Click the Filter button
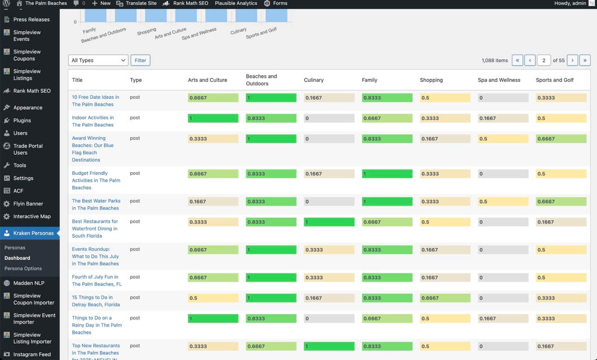pos(140,60)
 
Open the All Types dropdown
pos(98,60)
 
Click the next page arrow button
pos(572,60)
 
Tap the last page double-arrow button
pos(585,60)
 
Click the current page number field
pos(544,60)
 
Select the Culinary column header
pos(314,80)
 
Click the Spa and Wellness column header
pos(499,80)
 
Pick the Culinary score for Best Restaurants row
pos(329,222)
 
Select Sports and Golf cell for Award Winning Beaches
pos(561,138)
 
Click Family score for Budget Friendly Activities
pos(387,173)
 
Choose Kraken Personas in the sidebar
pos(33,233)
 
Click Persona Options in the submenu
pos(23,269)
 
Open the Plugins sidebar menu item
pos(22,120)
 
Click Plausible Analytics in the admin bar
pos(236,3)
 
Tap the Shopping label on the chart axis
pos(146,31)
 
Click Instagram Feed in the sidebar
pos(32,354)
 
